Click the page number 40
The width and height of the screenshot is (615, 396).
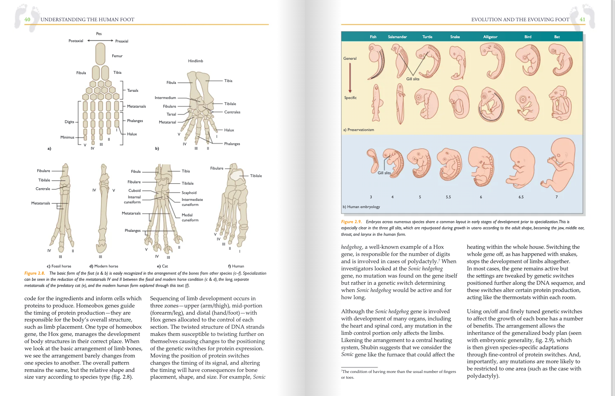[x=27, y=19]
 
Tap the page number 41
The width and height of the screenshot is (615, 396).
[x=582, y=19]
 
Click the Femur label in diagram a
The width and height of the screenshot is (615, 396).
[x=117, y=56]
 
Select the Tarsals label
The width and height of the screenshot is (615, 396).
[x=133, y=90]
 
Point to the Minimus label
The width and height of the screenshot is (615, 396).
[x=67, y=137]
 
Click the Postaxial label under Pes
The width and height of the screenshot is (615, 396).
[x=76, y=41]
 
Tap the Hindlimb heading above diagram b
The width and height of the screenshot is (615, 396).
[x=196, y=61]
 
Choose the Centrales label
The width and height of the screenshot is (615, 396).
[x=232, y=112]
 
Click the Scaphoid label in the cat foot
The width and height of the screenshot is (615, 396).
[x=189, y=193]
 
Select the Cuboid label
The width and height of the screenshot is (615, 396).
[x=134, y=190]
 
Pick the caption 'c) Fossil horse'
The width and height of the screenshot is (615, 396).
[x=59, y=266]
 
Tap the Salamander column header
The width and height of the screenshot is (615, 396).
[x=397, y=37]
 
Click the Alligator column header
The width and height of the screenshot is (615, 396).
[x=490, y=37]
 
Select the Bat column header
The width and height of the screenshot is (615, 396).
[x=557, y=37]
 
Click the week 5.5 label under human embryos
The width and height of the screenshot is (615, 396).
[x=448, y=197]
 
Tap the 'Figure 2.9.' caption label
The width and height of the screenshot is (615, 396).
[x=351, y=222]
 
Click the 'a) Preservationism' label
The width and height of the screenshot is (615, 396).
[x=359, y=130]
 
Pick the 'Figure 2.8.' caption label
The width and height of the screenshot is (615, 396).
[x=35, y=273]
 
